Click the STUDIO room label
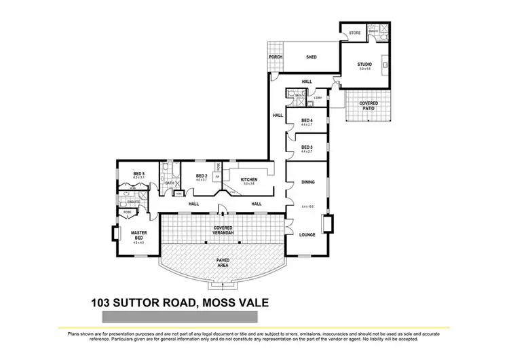pos(364,65)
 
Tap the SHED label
pos(312,58)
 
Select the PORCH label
pos(275,57)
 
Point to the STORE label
pos(354,33)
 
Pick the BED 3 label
pos(307,147)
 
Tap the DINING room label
pos(307,181)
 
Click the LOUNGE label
pos(307,234)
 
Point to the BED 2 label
pos(201,177)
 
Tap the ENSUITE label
pos(133,202)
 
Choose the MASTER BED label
pos(138,236)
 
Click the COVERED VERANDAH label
pos(223,230)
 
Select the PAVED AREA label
pos(223,263)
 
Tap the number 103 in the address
pos(104,303)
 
